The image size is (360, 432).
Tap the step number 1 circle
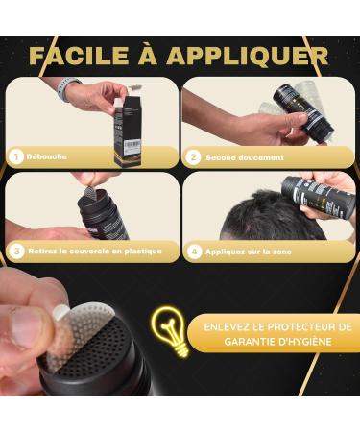[x=16, y=156]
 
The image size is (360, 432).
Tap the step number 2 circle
[x=194, y=156]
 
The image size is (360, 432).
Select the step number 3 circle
[x=16, y=252]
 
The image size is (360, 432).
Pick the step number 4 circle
[x=194, y=252]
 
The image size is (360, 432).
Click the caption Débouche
[x=49, y=156]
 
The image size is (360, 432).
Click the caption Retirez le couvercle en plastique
[x=93, y=252]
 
